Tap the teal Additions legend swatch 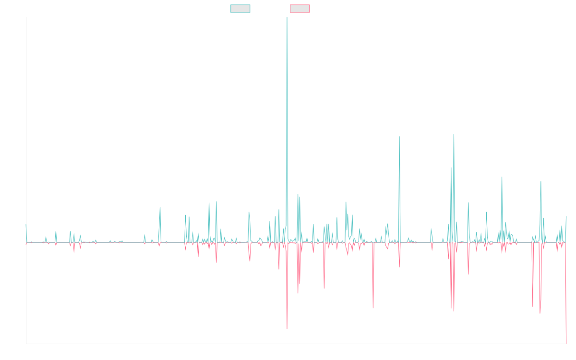pos(240,9)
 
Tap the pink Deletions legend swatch pos(300,9)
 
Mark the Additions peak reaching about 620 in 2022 pos(399,137)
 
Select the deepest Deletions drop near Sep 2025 pos(566,343)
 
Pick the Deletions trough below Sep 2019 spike pos(287,329)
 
